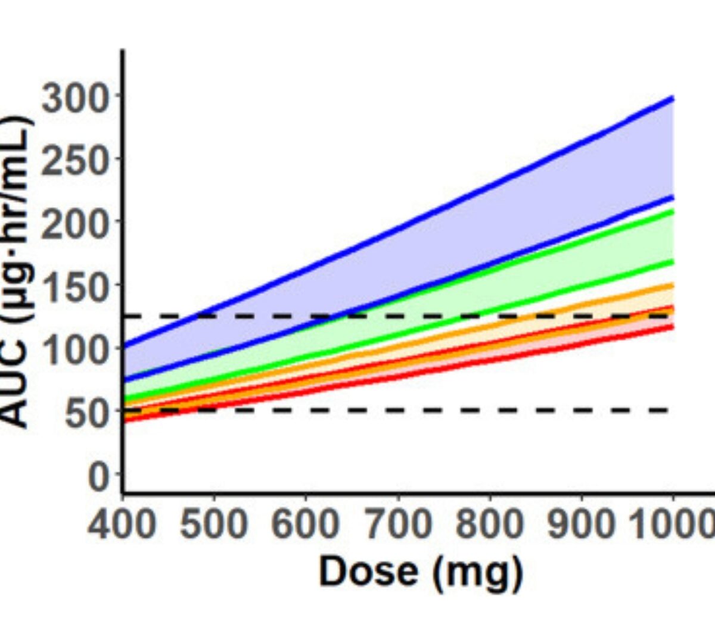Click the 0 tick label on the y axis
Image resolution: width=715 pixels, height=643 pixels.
click(98, 476)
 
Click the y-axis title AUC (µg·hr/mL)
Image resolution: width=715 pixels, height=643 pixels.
click(18, 271)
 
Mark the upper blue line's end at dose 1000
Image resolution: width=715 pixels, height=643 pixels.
click(672, 98)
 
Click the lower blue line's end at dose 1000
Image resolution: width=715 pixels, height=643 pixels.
click(672, 197)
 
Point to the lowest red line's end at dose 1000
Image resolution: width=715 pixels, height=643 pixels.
click(672, 327)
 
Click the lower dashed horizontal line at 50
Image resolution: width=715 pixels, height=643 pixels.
click(417, 410)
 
